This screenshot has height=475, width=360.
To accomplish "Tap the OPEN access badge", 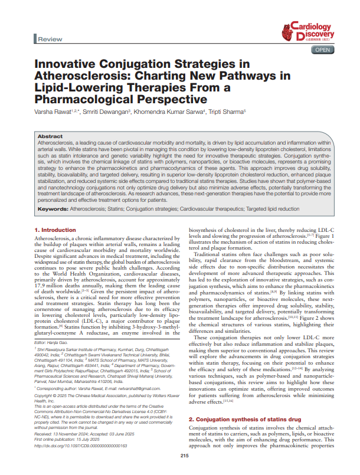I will (x=323, y=50).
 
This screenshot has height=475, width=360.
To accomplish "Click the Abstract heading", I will (x=51, y=136).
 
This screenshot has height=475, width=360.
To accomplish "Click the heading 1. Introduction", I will (x=55, y=230).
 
